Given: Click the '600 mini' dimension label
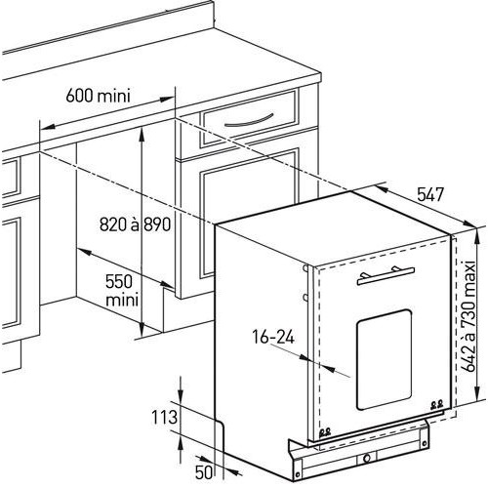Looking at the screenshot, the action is point(98,96).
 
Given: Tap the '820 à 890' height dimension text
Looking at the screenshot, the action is point(135,224).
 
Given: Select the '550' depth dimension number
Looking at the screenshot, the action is point(119,282).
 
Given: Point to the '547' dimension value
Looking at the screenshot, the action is point(430,194).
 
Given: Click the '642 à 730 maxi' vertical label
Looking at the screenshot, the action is point(468,316).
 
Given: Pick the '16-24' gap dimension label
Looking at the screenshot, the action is point(273,337).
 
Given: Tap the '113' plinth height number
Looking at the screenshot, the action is point(164,417).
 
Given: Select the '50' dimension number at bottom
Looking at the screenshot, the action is point(204,472).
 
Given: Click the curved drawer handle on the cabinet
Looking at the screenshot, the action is point(249,121).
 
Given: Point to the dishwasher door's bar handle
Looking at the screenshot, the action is point(386,276).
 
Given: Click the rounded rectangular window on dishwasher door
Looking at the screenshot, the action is point(385,360).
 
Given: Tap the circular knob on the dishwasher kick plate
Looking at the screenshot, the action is point(367,459).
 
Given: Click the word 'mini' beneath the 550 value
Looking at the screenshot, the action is point(122,300).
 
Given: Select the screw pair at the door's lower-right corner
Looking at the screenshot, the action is point(436,405).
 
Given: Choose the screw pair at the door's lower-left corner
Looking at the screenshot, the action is point(325,432).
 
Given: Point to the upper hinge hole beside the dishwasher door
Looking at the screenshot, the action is point(305,268).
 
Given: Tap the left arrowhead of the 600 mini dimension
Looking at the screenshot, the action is point(47,126).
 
